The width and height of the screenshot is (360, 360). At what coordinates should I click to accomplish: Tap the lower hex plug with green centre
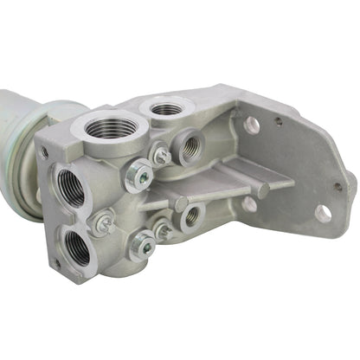(x=144, y=247)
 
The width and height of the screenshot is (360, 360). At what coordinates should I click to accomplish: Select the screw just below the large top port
(x=159, y=157)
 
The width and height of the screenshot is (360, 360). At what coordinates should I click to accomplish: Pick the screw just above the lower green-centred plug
(x=161, y=229)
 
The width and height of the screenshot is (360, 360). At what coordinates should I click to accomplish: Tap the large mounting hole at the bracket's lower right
(x=324, y=212)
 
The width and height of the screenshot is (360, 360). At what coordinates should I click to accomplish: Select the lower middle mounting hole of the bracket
(x=249, y=205)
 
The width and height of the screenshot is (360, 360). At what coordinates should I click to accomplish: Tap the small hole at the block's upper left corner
(x=44, y=153)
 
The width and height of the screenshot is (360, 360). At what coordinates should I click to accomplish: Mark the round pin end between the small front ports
(x=181, y=204)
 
